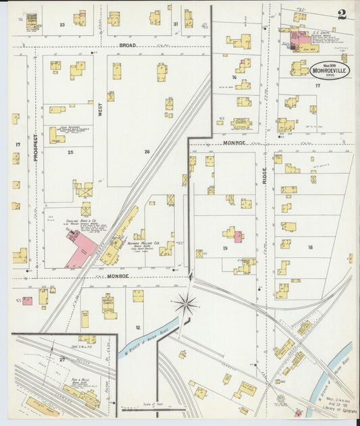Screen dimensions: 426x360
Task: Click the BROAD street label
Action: click(x=128, y=45)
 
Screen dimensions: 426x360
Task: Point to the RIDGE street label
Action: click(x=265, y=174)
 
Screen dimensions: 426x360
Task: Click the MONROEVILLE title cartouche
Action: click(x=330, y=70)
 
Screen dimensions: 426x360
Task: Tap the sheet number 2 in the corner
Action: click(x=342, y=15)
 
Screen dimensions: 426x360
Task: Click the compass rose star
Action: click(x=185, y=304)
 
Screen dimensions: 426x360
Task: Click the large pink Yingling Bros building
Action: click(x=81, y=248)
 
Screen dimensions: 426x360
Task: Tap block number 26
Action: click(x=146, y=152)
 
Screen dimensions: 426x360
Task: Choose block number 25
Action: click(x=70, y=153)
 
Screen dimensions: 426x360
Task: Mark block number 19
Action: click(x=224, y=248)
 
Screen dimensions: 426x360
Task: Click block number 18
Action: click(x=310, y=248)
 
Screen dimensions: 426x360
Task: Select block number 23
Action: click(x=61, y=24)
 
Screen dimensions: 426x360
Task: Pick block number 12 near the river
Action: click(x=138, y=327)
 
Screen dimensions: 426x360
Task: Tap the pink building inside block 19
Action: click(x=238, y=236)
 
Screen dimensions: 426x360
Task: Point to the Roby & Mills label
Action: click(x=81, y=379)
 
